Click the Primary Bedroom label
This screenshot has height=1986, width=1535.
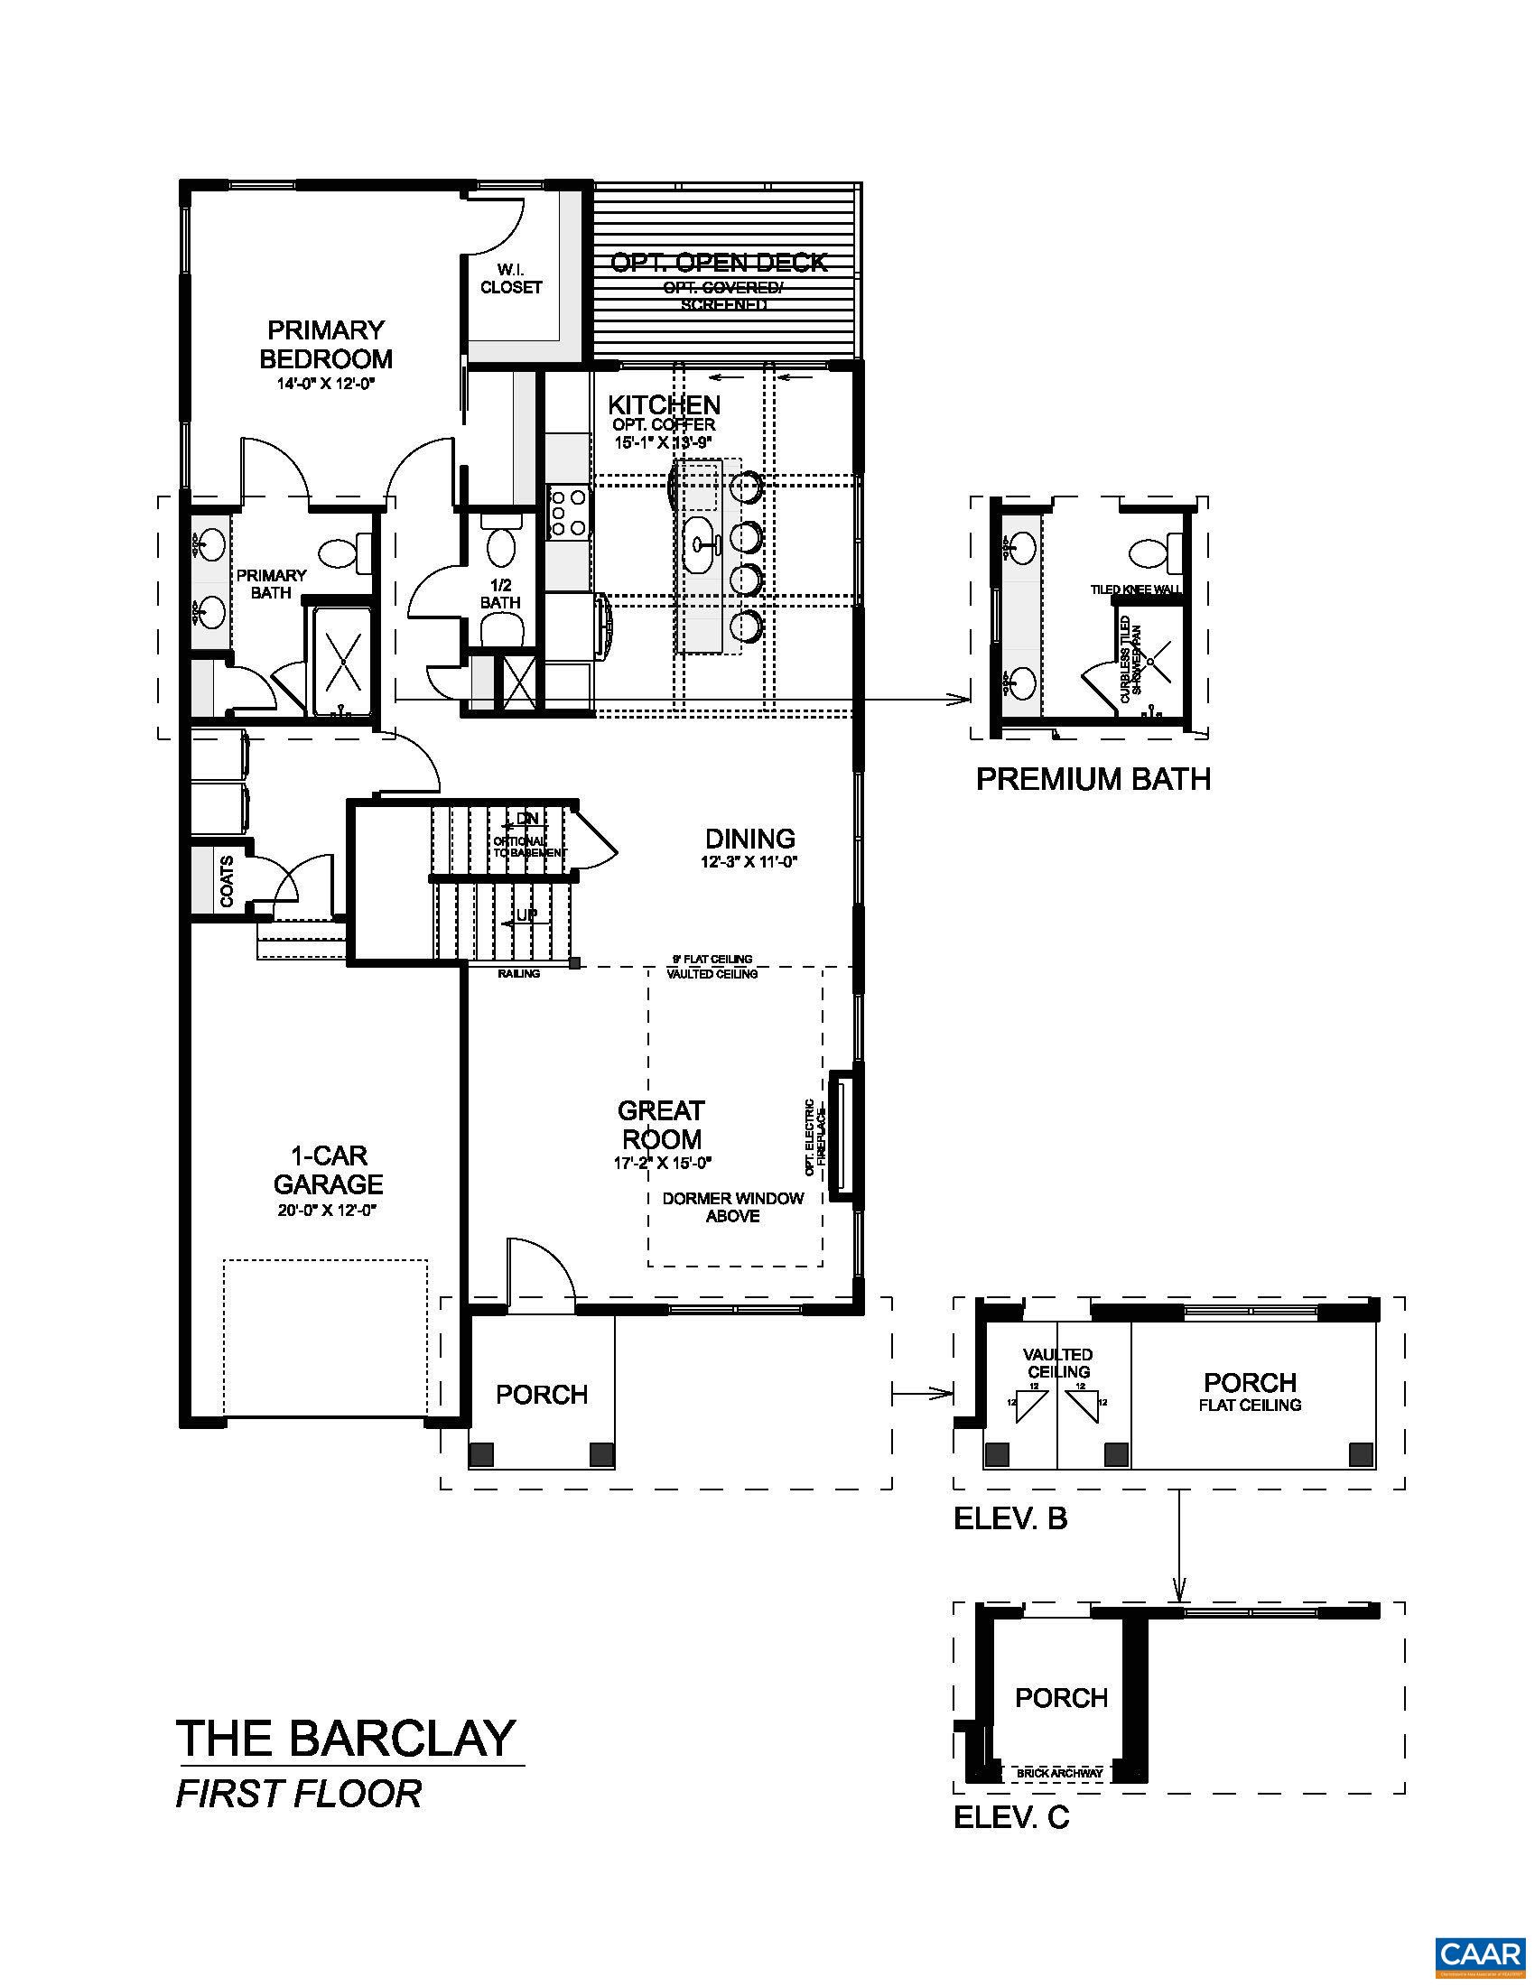coord(326,344)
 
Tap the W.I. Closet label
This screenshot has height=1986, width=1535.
coord(511,279)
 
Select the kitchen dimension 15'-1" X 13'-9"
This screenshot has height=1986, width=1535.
coord(663,442)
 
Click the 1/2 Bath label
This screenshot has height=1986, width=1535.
coord(500,594)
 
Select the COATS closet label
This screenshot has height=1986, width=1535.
coord(227,880)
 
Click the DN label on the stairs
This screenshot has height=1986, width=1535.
coord(527,819)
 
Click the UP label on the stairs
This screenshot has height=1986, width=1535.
coord(526,914)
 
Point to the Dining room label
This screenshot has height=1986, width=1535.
coord(750,839)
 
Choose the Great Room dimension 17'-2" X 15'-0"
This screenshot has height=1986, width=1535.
coord(662,1162)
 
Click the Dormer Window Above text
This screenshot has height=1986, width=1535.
coord(733,1207)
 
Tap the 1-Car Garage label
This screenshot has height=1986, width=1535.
coord(329,1170)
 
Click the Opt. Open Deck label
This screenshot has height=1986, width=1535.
coord(719,263)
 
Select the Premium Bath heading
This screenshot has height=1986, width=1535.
coord(1093,779)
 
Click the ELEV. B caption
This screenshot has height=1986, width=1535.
coord(1009,1518)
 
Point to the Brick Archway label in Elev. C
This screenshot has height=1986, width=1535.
coord(1059,1773)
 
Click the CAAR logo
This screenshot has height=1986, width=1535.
coord(1479,1953)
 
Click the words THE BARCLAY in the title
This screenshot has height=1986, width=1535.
coord(347,1738)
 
